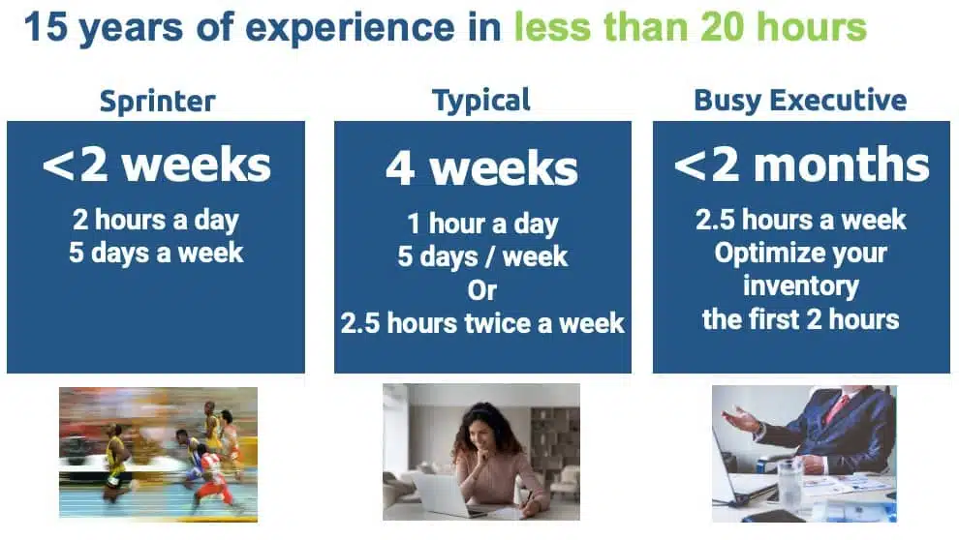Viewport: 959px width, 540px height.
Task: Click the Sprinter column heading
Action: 158,102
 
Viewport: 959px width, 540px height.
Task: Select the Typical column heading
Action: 481,101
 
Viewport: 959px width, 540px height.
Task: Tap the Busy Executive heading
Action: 800,101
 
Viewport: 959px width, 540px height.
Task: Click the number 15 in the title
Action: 46,27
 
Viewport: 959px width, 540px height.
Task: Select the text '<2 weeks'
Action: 157,165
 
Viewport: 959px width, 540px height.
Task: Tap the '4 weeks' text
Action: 482,168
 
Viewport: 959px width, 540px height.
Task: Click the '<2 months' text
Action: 801,165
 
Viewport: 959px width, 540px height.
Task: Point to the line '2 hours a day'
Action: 155,220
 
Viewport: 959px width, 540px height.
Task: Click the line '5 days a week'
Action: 156,253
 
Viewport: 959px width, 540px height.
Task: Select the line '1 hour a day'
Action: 482,224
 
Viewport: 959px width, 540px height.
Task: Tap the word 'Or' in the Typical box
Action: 482,290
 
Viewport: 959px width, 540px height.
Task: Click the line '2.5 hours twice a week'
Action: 482,323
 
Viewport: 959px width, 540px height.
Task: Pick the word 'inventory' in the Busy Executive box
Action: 801,285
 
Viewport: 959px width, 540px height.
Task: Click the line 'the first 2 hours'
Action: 800,319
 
